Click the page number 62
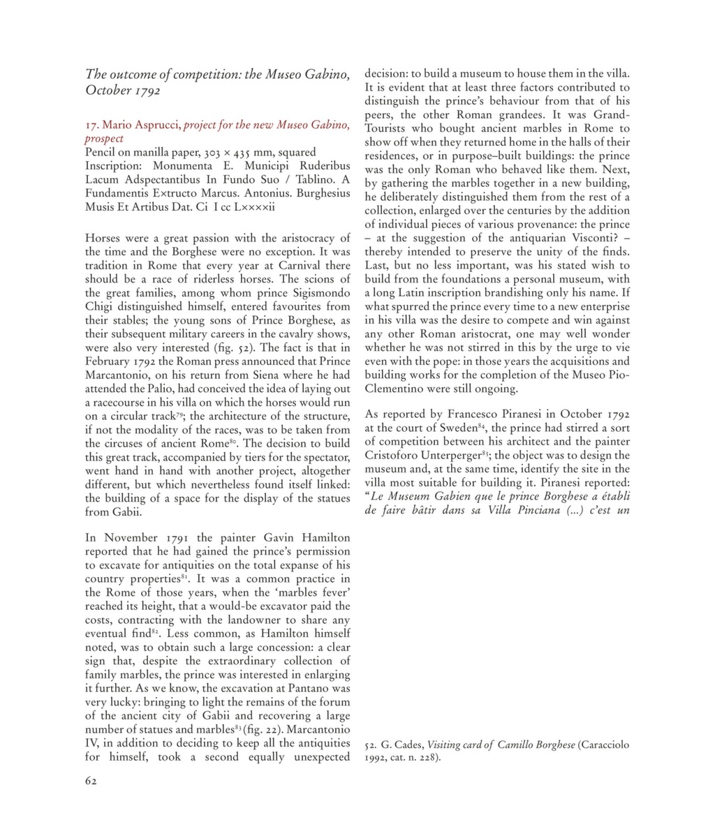tap(91, 781)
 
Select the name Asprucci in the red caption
tap(158, 125)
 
